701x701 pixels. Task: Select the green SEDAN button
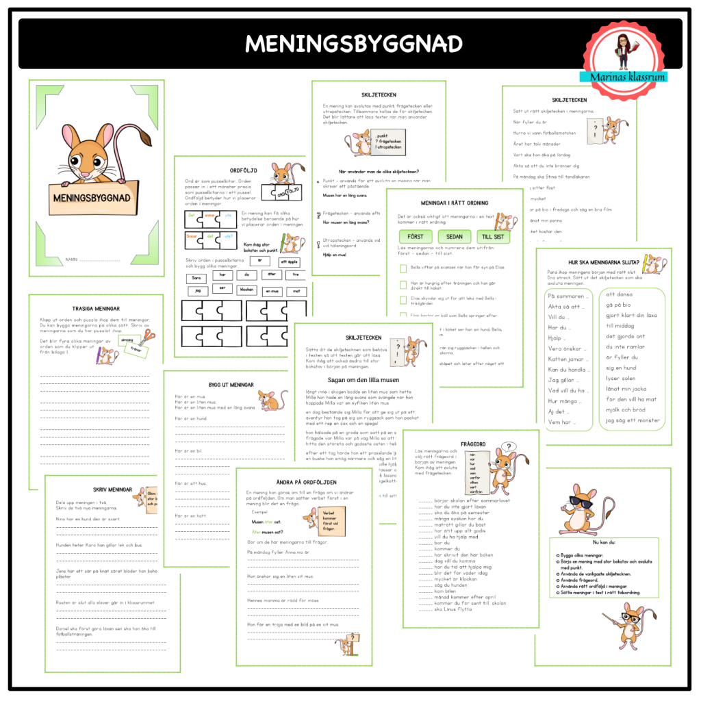coord(454,236)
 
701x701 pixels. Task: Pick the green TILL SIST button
coord(493,236)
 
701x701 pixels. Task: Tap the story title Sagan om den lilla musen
coord(353,379)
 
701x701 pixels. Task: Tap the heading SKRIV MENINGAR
coord(112,489)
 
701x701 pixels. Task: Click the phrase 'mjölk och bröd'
coord(625,409)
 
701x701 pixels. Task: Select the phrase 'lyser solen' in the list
coord(621,378)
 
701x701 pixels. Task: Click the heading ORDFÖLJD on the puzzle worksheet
coord(243,170)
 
